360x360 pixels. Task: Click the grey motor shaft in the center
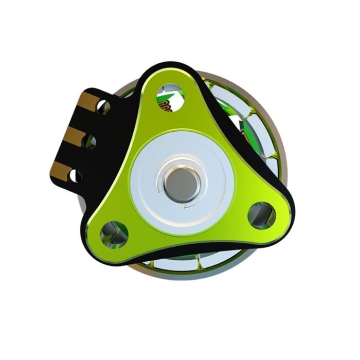[180, 182]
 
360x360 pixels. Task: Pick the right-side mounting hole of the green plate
[261, 214]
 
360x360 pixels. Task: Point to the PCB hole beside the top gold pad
[104, 107]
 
